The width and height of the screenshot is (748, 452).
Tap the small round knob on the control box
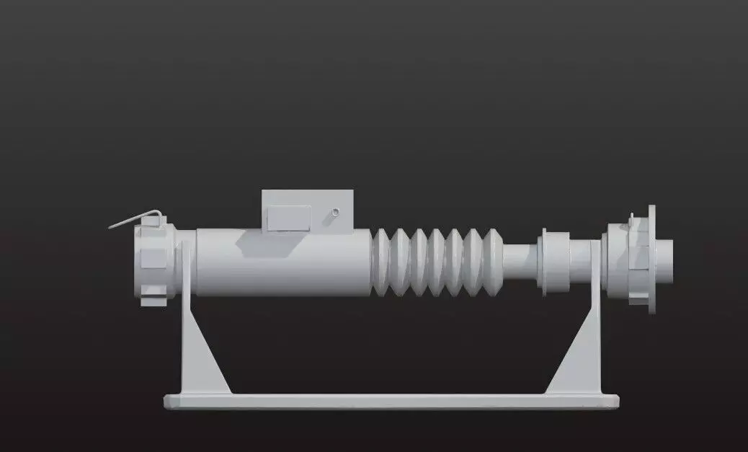pyautogui.click(x=335, y=213)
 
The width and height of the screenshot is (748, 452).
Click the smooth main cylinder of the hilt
pyautogui.click(x=281, y=267)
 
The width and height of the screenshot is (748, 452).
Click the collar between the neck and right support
pyautogui.click(x=555, y=261)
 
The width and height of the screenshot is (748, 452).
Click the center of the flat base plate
pyautogui.click(x=391, y=401)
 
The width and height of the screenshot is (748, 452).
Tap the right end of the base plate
pyautogui.click(x=613, y=401)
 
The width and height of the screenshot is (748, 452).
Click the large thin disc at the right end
pyautogui.click(x=652, y=260)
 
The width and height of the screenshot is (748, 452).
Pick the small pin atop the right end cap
pyautogui.click(x=631, y=218)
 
